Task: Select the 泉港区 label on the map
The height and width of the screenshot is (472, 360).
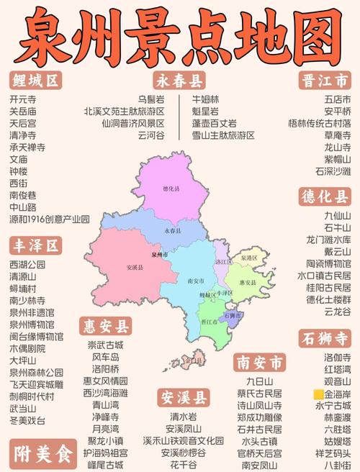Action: tap(248, 257)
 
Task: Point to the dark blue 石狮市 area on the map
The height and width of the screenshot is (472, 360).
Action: tap(232, 315)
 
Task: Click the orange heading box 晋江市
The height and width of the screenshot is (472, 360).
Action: tap(325, 80)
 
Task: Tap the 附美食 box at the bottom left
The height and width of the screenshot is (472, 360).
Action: tap(42, 455)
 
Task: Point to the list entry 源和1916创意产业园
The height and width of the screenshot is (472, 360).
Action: tap(50, 219)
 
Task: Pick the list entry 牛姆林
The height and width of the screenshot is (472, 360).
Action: tap(205, 99)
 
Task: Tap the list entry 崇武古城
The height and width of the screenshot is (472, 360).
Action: tap(105, 345)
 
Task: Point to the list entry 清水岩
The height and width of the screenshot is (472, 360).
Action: tap(183, 417)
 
